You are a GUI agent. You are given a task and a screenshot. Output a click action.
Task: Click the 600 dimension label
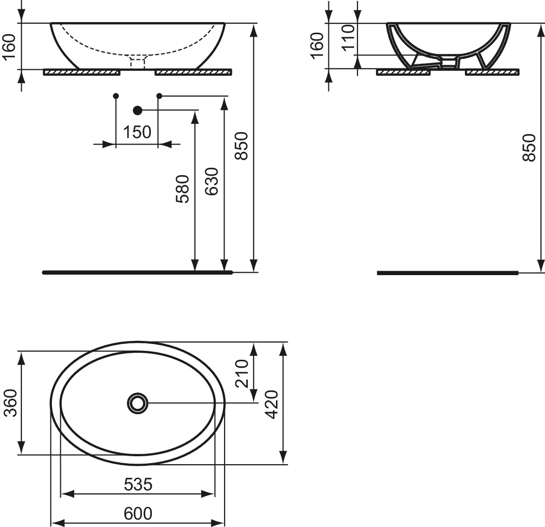[x=138, y=513]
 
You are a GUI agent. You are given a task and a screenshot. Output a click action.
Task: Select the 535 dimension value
[x=138, y=484]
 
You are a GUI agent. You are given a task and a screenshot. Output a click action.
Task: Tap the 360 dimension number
[x=10, y=403]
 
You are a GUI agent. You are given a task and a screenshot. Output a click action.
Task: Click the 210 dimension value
[x=242, y=374]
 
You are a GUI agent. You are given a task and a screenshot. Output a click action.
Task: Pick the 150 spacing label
[x=137, y=132]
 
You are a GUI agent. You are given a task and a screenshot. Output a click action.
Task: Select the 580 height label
[x=182, y=189]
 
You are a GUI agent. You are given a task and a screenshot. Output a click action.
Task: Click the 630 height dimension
[x=212, y=181]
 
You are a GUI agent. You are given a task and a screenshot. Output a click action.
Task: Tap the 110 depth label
[x=348, y=38]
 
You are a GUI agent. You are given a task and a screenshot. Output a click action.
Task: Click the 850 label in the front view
[x=241, y=146]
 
